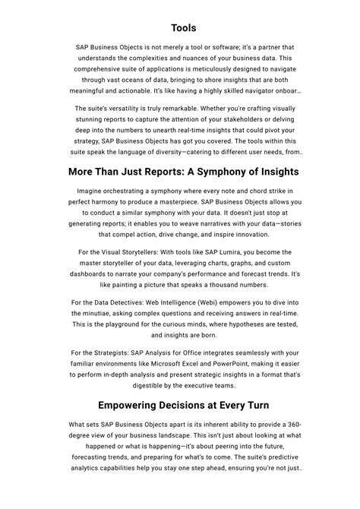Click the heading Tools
(183, 27)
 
